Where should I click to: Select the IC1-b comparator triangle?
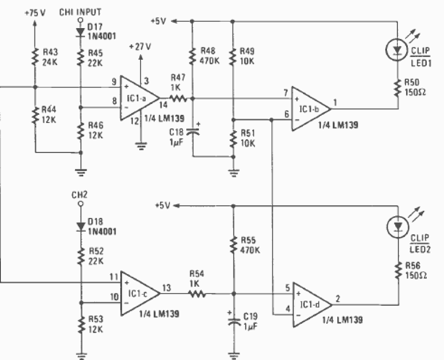310,108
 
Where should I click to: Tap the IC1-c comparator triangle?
138,293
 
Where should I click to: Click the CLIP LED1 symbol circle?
397,50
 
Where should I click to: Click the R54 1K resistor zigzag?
197,293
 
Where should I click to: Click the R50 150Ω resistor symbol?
397,88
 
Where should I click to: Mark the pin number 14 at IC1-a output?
163,105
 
